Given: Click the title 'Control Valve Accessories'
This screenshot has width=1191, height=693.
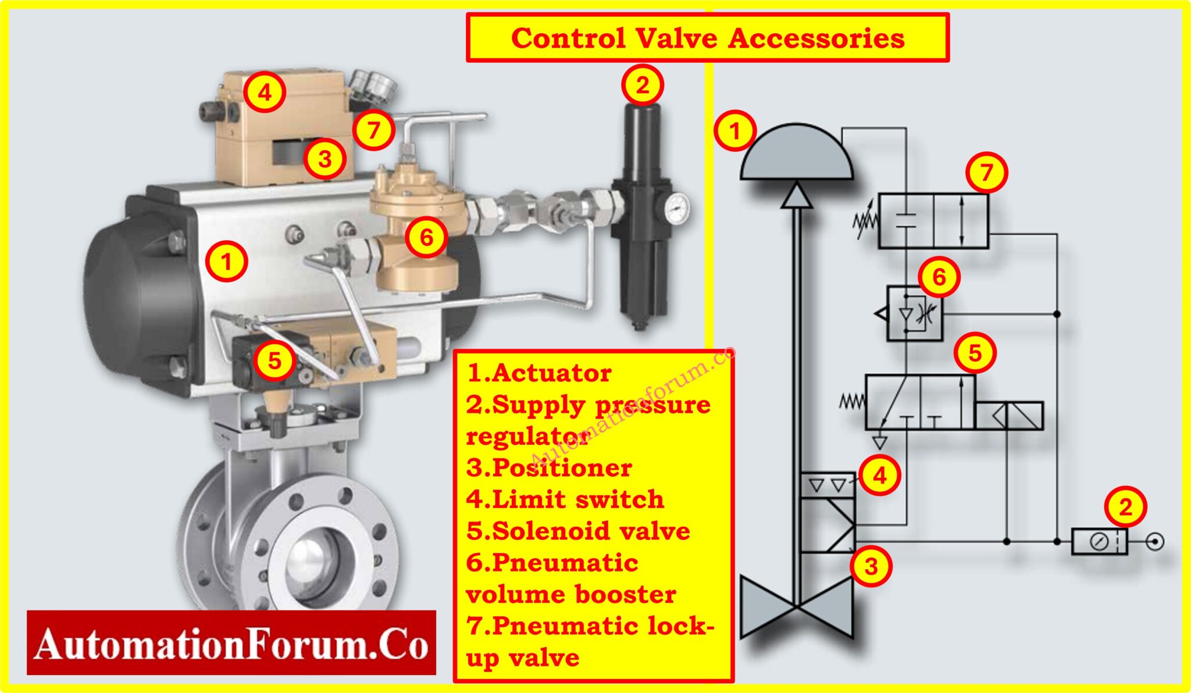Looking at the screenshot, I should (x=707, y=38).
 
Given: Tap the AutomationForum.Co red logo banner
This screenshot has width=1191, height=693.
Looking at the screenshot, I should (x=231, y=643).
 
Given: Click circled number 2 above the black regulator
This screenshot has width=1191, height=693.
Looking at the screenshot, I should (x=642, y=85).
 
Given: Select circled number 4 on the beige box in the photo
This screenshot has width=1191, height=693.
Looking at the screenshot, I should (x=265, y=92).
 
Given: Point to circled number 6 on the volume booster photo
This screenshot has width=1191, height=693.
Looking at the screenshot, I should (x=426, y=237).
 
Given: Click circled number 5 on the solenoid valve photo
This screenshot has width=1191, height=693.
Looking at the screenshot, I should (x=274, y=360).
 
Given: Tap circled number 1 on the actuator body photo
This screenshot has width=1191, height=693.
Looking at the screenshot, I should (x=226, y=261).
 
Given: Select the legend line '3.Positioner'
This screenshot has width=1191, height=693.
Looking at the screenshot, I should (x=549, y=468).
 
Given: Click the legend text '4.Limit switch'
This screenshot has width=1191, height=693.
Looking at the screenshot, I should (x=565, y=499).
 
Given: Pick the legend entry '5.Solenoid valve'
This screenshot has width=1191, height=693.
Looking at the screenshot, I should (x=578, y=531).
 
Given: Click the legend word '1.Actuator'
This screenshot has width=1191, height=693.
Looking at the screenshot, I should (x=539, y=373).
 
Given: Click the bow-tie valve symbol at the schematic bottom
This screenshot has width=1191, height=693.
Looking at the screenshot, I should (x=797, y=608).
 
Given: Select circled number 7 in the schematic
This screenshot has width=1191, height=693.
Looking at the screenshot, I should (x=986, y=173).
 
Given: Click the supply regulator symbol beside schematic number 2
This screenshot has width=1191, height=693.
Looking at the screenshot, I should (x=1099, y=541).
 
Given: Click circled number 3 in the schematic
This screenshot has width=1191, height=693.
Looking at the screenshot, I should (x=871, y=566).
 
